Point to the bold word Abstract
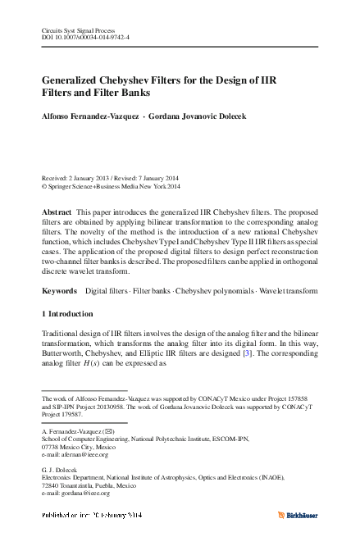coord(57,212)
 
